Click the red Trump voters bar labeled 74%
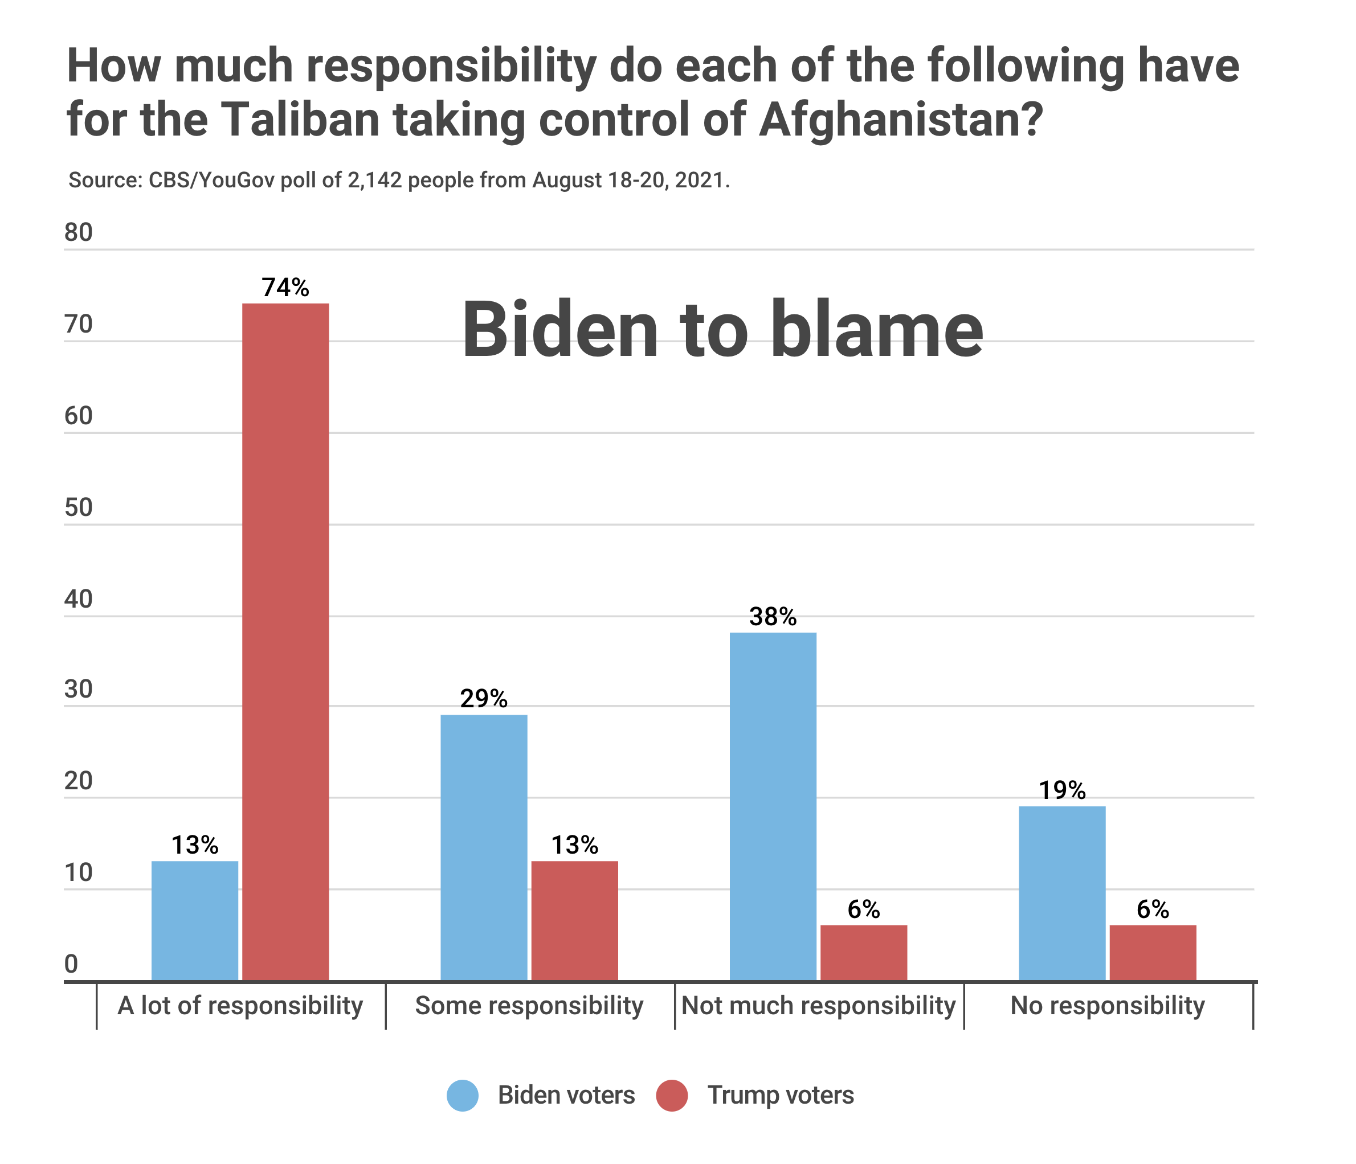(285, 641)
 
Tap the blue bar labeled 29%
(484, 847)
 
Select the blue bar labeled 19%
(1062, 892)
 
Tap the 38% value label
(773, 616)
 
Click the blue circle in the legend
(463, 1095)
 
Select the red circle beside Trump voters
(672, 1095)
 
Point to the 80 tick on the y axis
(79, 233)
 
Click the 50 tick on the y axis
(79, 508)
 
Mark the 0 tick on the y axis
(71, 964)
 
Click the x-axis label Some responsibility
(529, 1006)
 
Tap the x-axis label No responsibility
(1108, 1006)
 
